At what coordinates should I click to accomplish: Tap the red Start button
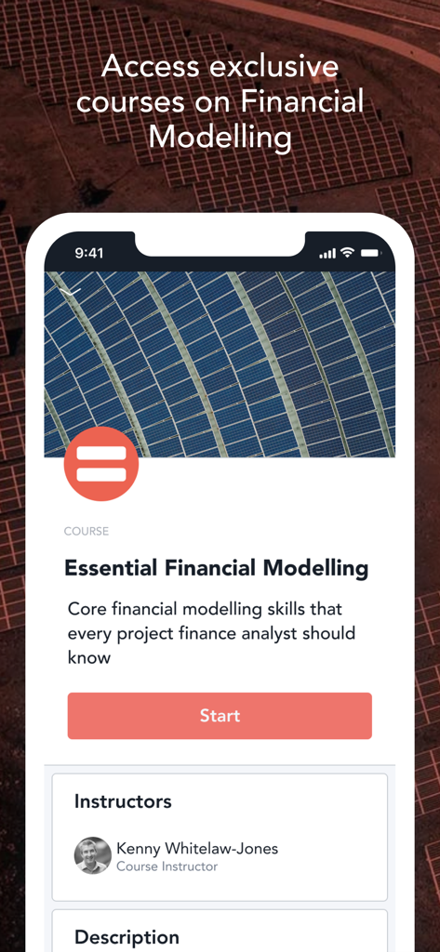pos(220,716)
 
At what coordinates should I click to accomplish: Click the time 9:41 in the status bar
pos(89,253)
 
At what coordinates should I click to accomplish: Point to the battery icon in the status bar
pos(371,253)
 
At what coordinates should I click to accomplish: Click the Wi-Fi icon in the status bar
pos(347,253)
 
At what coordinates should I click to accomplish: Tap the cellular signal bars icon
pos(327,254)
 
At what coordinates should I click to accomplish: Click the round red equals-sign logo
pos(101,465)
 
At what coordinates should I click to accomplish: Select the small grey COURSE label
pos(87,532)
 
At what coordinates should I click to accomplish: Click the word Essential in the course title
pos(109,568)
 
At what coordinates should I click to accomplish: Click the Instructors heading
pos(123,801)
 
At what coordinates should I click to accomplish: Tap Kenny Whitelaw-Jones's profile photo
pos(93,855)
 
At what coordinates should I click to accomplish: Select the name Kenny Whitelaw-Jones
pos(197,848)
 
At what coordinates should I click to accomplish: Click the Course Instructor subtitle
pos(167,866)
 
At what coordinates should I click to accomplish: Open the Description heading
pos(127,937)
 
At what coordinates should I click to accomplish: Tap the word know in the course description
pos(89,658)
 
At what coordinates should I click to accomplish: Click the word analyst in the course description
pos(279,634)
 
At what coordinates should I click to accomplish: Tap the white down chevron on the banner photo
pos(73,291)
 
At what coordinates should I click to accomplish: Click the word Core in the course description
pos(87,610)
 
